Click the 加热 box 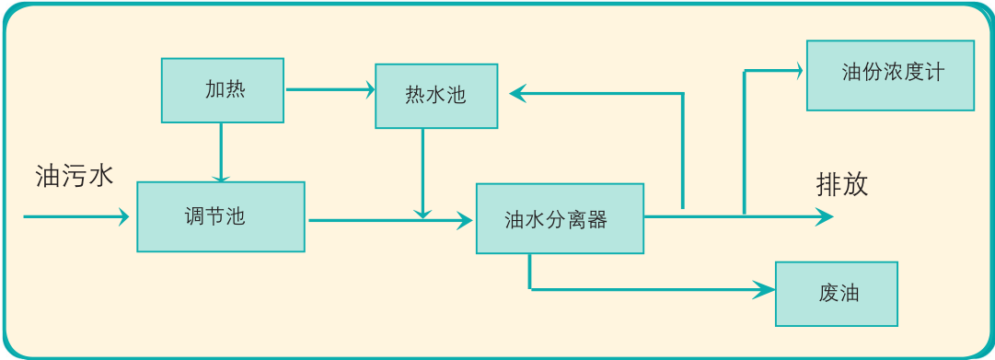(222, 90)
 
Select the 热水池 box (436, 95)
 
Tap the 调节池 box (220, 216)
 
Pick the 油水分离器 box (560, 218)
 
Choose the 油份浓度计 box (889, 75)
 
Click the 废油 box (836, 294)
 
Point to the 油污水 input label (75, 177)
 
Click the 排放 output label (841, 185)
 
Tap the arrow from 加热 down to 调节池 (221, 152)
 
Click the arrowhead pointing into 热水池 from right (518, 92)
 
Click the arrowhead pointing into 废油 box (766, 290)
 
